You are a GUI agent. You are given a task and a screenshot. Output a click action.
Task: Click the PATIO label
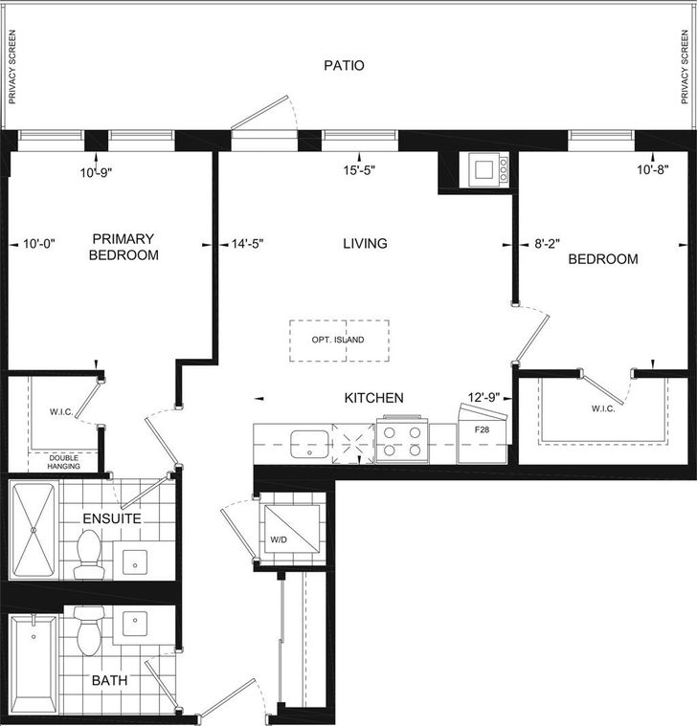click(344, 65)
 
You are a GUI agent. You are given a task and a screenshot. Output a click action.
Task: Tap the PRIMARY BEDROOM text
click(124, 247)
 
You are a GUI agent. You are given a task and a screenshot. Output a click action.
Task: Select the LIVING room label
click(365, 244)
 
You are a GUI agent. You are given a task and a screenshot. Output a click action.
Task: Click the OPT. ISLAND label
click(338, 340)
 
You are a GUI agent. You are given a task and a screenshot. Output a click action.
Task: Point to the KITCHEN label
click(373, 398)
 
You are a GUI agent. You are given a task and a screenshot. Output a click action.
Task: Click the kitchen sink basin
click(309, 444)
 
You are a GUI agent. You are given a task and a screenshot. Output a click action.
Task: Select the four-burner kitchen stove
click(402, 440)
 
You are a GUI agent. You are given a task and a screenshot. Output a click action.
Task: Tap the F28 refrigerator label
click(482, 429)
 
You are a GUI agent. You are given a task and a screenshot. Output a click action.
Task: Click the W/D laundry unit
click(292, 529)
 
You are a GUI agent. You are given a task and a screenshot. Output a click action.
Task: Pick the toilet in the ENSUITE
click(88, 554)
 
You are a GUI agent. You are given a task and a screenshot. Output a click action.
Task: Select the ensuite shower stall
click(34, 530)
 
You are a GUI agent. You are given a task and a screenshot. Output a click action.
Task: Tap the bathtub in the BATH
click(34, 664)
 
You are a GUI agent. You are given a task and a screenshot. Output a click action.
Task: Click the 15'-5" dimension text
click(359, 170)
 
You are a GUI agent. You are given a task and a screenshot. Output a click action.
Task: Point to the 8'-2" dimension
click(547, 244)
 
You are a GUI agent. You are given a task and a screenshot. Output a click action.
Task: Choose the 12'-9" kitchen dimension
click(483, 397)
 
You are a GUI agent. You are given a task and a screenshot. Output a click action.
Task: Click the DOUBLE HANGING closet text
click(64, 462)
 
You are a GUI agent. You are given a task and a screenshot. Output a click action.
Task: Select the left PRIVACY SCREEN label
click(12, 67)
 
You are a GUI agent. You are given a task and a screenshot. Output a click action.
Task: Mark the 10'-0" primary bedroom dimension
click(39, 244)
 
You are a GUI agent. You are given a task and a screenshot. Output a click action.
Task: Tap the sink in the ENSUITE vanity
click(135, 562)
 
